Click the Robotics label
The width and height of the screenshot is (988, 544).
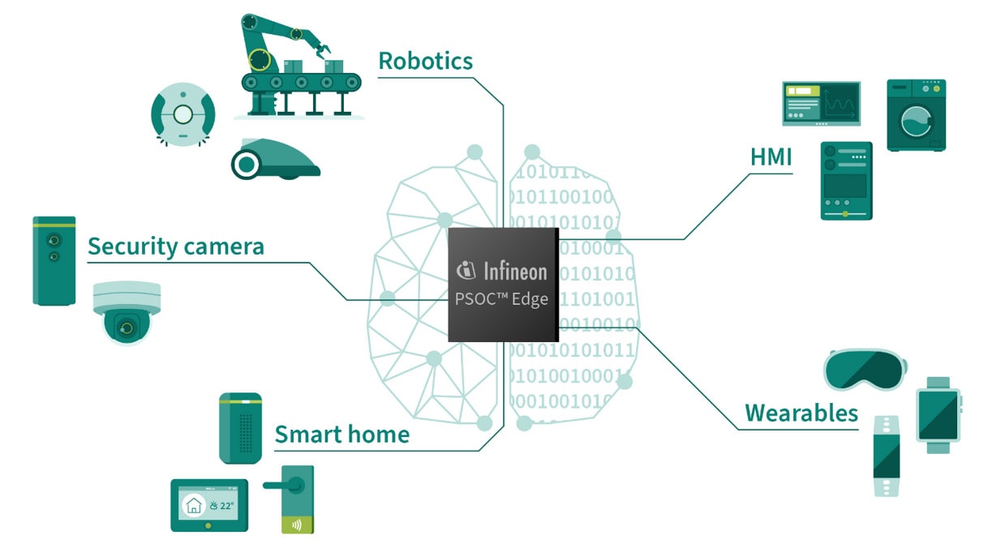pos(426,61)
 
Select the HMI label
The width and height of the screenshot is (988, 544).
pos(771,157)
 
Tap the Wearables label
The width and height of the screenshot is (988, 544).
pos(801,413)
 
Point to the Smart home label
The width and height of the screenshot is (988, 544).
pos(342,435)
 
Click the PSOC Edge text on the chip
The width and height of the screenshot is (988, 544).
pos(501,299)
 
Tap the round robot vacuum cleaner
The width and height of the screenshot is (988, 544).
pos(183,114)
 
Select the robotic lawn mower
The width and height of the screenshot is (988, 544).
pos(276,159)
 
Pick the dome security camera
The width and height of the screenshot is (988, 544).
pos(127,313)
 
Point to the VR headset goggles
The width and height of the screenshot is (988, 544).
pos(865,370)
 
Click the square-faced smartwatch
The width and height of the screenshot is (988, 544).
pos(939,415)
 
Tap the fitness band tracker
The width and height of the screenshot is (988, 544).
pos(887,456)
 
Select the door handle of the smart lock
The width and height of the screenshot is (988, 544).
pos(283,486)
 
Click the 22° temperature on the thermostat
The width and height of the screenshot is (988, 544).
pos(226,506)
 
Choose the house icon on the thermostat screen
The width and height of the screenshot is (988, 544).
pos(194,506)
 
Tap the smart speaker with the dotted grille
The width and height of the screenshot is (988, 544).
pos(240,428)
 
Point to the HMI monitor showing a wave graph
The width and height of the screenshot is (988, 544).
pos(821,103)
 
